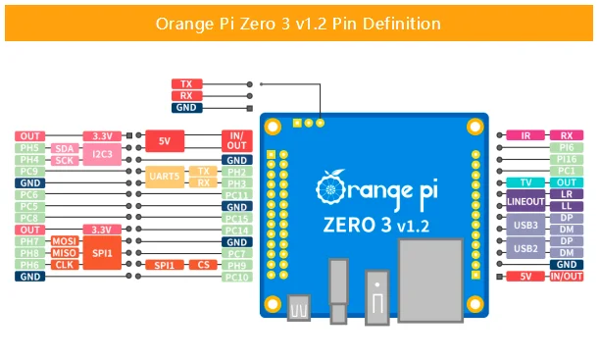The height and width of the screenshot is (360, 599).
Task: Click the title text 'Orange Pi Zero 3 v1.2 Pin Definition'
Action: [x=298, y=23]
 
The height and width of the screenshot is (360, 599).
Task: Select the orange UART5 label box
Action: [x=165, y=177]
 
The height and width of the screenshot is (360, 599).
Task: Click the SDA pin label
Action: [x=64, y=148]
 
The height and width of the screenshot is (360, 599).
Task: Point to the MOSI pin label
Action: [x=65, y=240]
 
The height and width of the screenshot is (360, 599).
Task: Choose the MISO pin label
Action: [x=65, y=253]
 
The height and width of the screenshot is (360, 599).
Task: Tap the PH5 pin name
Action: [x=29, y=148]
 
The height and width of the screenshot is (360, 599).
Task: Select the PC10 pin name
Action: [x=236, y=277]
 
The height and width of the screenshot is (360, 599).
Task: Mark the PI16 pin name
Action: [x=566, y=159]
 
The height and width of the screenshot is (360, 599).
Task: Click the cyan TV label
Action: [x=525, y=182]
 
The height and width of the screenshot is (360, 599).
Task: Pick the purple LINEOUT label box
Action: [x=525, y=200]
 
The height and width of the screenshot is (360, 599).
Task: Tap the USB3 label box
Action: [x=525, y=224]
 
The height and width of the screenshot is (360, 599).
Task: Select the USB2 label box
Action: [x=525, y=247]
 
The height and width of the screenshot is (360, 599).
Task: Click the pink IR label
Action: [x=525, y=135]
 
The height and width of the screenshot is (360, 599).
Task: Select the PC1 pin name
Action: [x=566, y=171]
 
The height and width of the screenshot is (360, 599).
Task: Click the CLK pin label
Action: [x=65, y=265]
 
